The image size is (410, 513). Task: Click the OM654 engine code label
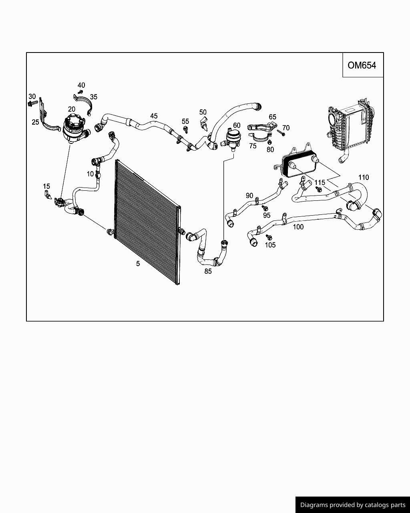362,65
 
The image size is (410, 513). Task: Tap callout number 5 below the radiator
138,264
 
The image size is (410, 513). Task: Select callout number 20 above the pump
72,109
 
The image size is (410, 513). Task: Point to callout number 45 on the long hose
154,116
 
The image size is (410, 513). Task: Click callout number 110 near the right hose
364,178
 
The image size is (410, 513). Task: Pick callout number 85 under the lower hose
208,271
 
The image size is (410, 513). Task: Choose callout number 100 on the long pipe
298,227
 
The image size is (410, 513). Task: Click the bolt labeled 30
32,103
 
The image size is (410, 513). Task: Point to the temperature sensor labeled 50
204,124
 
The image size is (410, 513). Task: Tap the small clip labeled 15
47,195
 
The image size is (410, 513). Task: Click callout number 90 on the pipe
249,196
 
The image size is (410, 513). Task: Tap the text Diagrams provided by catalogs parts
352,505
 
